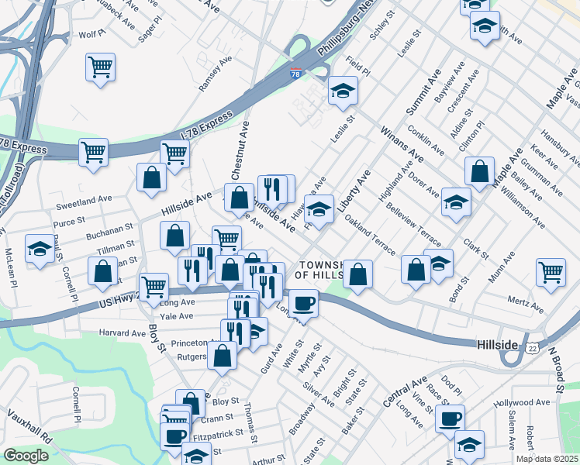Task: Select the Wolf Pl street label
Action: [91, 35]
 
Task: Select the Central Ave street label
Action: [405, 393]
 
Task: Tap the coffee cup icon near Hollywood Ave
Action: [450, 418]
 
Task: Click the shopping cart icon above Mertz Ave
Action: [551, 272]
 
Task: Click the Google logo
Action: [26, 456]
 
